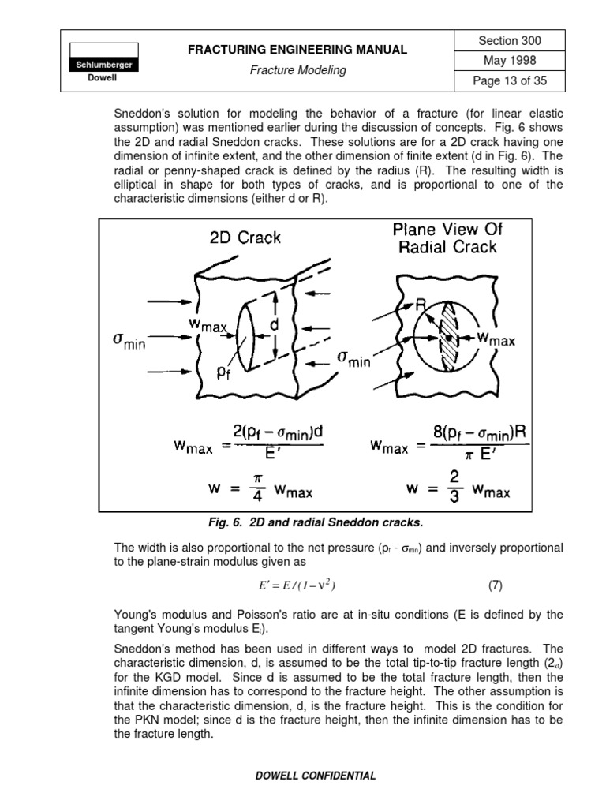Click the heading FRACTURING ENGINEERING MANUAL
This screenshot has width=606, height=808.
pos(297,50)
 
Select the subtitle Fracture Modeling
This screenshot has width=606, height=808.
pos(297,70)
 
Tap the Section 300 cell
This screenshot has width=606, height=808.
pos(510,41)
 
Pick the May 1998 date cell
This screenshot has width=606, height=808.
pos(510,61)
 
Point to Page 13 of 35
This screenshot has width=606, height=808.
pos(510,80)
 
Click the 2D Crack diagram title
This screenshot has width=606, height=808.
pos(245,238)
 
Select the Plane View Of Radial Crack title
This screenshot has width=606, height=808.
pos(448,238)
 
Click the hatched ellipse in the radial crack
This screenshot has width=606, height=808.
pos(447,337)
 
